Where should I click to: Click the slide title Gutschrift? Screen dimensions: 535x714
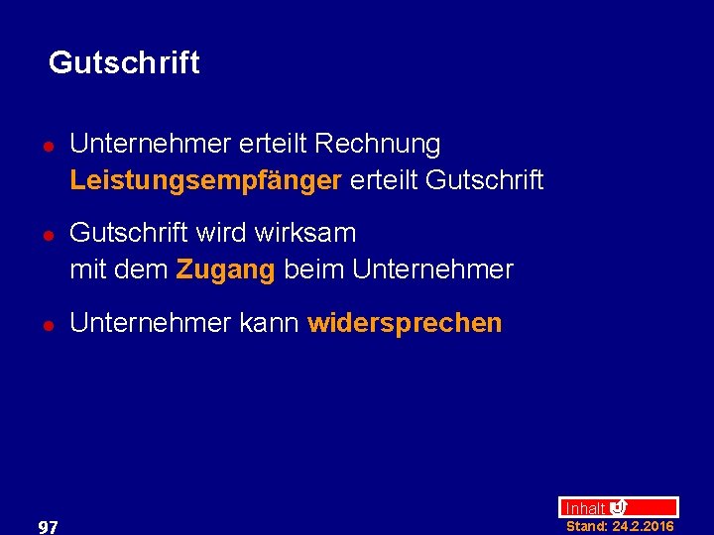[124, 62]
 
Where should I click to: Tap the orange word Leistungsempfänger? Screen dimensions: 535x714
[206, 180]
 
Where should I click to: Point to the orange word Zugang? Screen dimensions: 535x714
[225, 269]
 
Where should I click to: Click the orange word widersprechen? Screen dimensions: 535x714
[405, 323]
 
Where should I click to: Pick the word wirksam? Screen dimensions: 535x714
[305, 234]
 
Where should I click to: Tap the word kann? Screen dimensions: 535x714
[270, 323]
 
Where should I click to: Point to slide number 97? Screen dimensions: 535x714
[47, 527]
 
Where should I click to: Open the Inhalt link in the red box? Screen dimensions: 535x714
[585, 508]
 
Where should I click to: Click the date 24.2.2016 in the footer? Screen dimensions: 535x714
[643, 526]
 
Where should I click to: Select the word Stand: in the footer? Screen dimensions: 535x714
[586, 526]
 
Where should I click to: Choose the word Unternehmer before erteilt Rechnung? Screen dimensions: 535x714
[150, 144]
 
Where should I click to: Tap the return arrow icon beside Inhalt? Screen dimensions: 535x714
[618, 507]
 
